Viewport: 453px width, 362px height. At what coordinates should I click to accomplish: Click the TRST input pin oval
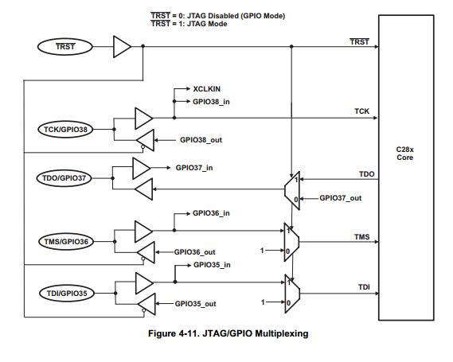coord(65,46)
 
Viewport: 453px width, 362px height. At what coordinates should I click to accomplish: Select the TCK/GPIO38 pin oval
coord(65,129)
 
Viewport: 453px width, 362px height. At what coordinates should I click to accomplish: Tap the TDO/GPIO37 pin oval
coord(64,178)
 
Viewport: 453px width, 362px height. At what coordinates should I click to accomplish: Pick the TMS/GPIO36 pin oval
coord(66,241)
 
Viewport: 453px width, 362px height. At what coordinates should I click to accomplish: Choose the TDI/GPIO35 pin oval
coord(67,294)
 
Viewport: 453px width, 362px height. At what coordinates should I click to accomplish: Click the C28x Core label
coord(404,154)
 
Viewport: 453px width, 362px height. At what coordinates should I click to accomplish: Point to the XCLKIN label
coord(207,89)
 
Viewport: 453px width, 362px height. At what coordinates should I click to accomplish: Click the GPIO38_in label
coord(211,102)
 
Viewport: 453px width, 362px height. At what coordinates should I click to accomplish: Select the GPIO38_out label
coord(201,140)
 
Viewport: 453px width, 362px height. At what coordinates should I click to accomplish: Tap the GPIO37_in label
coord(194,168)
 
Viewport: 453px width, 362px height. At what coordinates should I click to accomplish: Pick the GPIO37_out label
coord(340,198)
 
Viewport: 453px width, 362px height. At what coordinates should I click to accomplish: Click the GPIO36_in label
coord(211,213)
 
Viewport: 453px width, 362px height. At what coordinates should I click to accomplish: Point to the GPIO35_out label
coord(196,304)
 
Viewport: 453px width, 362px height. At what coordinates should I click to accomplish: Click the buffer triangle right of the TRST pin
coord(121,46)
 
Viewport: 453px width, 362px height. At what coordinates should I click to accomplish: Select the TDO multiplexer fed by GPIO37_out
coord(292,190)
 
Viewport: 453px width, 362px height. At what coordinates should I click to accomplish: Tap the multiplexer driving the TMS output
coord(292,242)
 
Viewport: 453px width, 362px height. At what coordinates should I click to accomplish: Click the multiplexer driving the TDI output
coord(292,294)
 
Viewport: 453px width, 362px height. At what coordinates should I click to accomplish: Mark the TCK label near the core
coord(361,111)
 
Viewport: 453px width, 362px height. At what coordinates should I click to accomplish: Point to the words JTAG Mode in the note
coord(207,24)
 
